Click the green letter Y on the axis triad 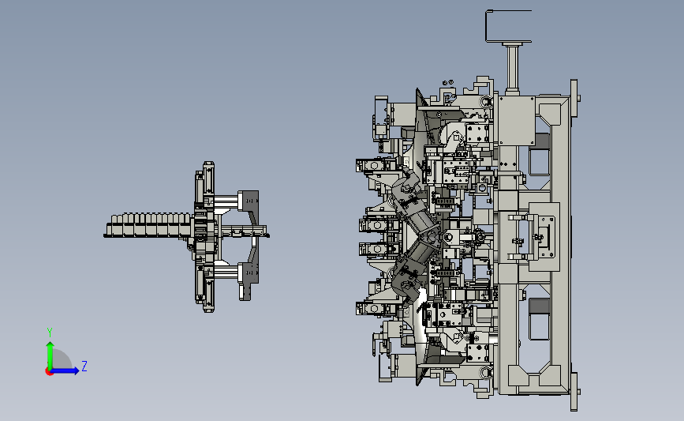50,333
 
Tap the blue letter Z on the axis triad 84,366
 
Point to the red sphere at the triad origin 49,371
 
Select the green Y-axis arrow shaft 50,356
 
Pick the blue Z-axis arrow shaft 63,370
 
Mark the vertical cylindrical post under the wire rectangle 512,67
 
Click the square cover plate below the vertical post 517,121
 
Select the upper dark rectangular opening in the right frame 539,154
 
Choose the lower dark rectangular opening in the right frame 540,320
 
